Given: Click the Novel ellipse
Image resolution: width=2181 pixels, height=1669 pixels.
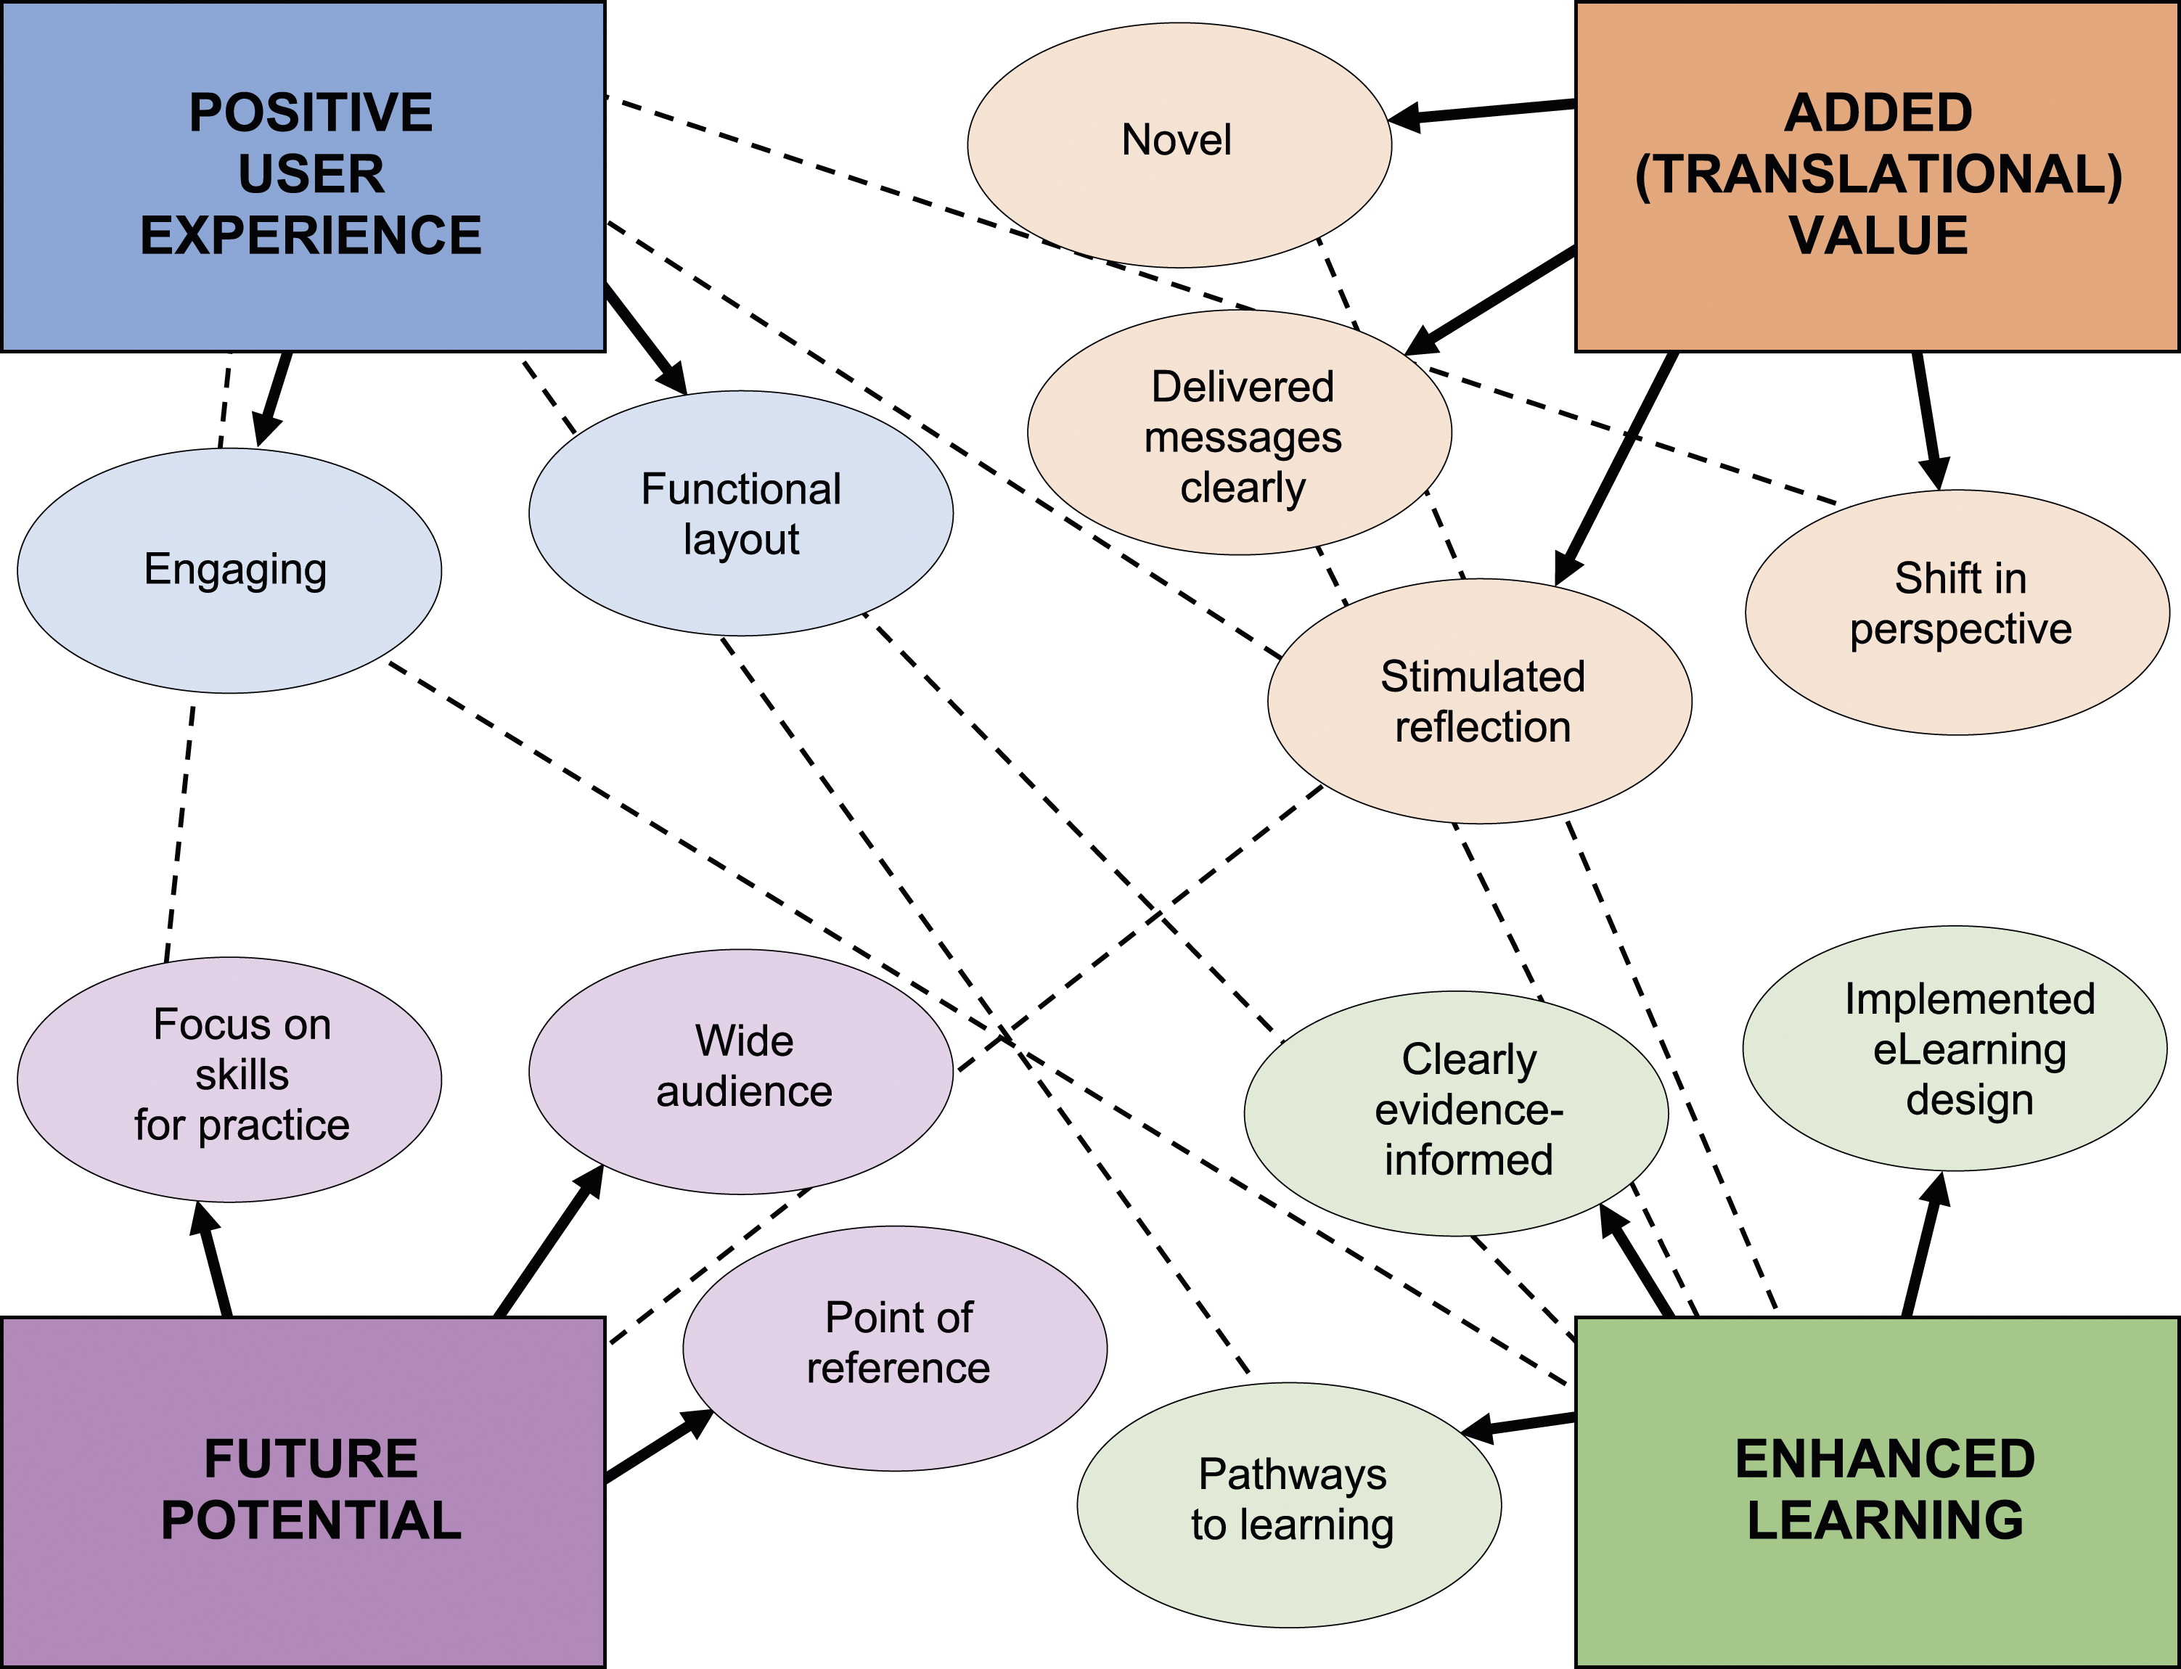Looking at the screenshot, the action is click(x=1179, y=145).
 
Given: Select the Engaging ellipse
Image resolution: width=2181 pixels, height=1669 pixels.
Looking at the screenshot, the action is click(x=229, y=570).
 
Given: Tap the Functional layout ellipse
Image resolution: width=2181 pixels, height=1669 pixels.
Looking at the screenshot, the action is click(x=741, y=512).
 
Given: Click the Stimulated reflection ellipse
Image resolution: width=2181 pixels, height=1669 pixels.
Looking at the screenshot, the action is click(x=1479, y=702).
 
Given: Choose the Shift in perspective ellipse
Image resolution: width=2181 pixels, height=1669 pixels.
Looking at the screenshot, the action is click(x=1957, y=612).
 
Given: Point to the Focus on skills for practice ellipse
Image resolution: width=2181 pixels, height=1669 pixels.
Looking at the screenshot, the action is click(x=229, y=1080).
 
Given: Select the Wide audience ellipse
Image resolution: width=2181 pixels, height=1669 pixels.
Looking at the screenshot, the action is click(x=741, y=1072).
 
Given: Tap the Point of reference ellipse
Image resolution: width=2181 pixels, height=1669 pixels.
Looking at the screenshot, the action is click(x=895, y=1348).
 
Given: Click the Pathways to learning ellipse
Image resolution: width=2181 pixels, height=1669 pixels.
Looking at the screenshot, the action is click(x=1289, y=1505).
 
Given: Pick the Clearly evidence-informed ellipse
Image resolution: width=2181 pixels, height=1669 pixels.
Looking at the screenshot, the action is click(x=1457, y=1114).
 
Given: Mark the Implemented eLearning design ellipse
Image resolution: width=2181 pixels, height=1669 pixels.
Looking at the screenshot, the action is click(x=1955, y=1048).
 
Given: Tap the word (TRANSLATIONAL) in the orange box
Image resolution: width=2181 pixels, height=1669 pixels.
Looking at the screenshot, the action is click(x=1878, y=175).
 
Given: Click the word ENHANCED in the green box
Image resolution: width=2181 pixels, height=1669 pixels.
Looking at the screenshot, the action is click(x=1885, y=1459).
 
